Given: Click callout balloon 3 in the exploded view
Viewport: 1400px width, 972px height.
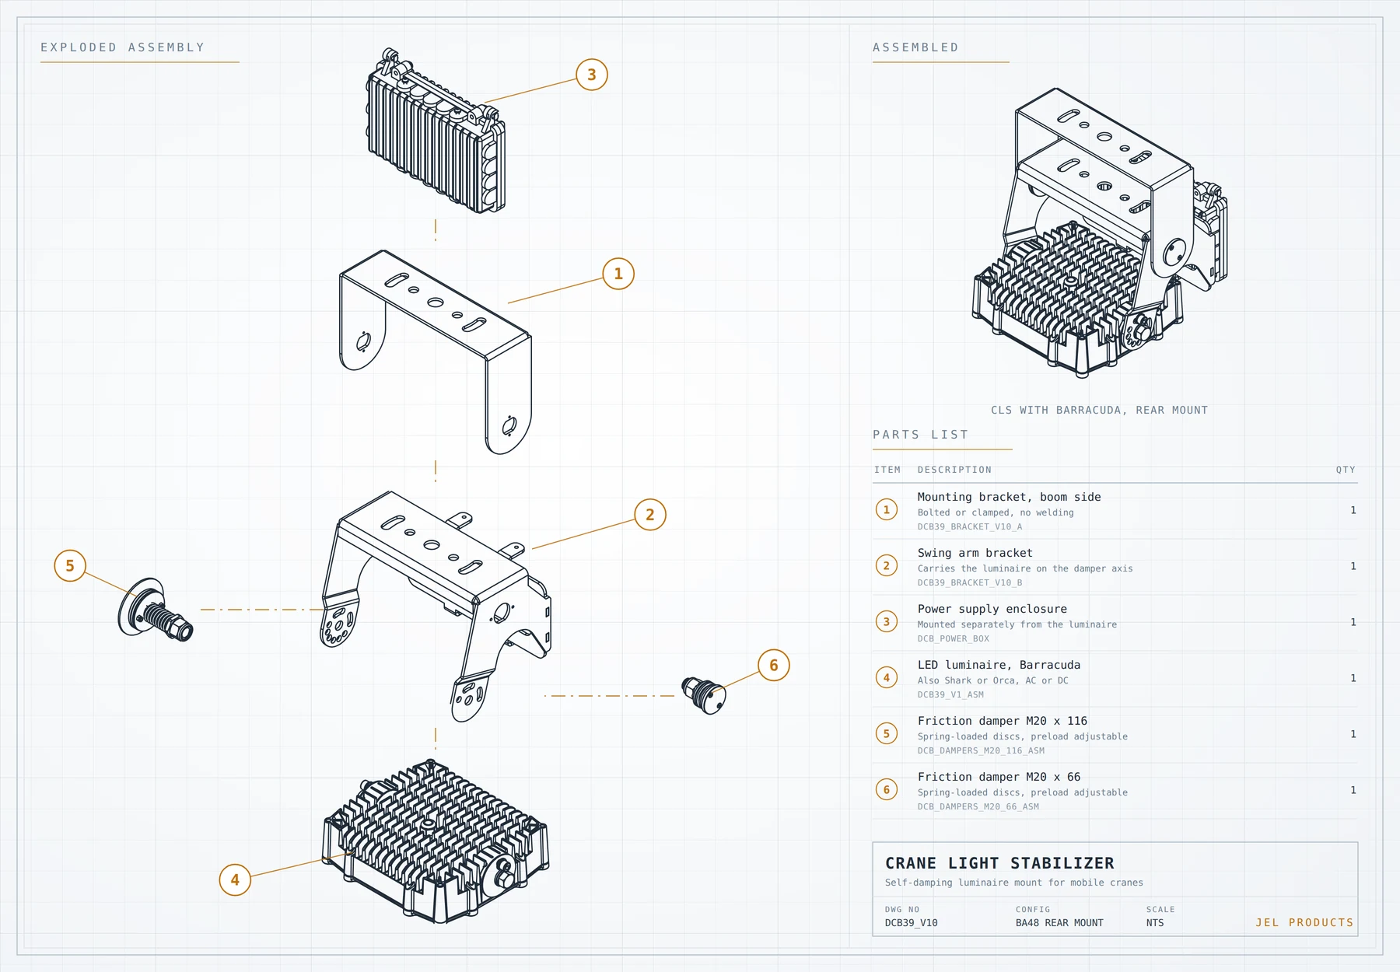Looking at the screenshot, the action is click(x=592, y=75).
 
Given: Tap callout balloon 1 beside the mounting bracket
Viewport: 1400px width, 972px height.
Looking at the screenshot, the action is click(x=618, y=274).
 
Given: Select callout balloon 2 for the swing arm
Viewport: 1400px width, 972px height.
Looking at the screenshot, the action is click(x=650, y=515).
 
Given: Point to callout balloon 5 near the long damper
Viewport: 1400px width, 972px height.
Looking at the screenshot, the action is click(x=70, y=566).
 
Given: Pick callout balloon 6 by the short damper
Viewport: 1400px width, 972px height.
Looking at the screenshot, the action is click(x=774, y=666).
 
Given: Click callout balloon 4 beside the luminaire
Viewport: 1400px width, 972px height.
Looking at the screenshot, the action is click(x=235, y=880).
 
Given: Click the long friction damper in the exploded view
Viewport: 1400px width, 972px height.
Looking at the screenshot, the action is click(x=156, y=610).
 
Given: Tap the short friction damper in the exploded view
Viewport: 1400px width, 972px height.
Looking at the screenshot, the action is click(x=704, y=694).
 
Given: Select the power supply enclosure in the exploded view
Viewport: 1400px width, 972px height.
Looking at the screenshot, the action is click(x=436, y=131).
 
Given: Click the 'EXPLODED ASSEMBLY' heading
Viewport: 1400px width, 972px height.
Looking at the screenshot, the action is click(x=123, y=47).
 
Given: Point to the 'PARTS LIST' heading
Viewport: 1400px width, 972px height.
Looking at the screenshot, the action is click(x=921, y=435).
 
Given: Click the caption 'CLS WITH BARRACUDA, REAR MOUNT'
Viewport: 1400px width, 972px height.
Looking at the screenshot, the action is click(x=1100, y=410).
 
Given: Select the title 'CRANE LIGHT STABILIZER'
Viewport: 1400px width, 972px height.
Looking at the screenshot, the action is click(x=999, y=863).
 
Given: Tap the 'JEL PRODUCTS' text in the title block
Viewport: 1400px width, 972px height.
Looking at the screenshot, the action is click(x=1304, y=922).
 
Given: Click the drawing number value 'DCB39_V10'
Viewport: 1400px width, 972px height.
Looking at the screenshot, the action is click(x=912, y=923).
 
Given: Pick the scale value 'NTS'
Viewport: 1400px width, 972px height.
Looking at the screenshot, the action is click(x=1155, y=923).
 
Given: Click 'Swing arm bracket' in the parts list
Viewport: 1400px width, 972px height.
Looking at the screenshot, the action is click(x=975, y=553).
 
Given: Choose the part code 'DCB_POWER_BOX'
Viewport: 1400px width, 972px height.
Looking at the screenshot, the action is click(x=954, y=638).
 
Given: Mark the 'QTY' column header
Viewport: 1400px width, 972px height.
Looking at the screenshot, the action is click(x=1346, y=470).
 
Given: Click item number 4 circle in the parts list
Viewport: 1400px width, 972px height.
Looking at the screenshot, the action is click(x=887, y=677).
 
